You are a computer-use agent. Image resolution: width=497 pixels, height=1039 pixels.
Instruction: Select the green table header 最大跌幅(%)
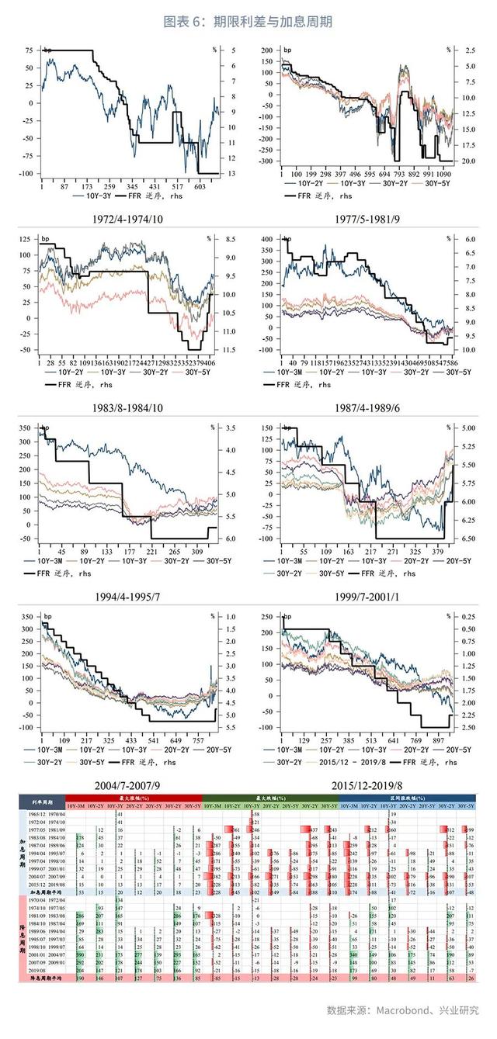pyautogui.click(x=269, y=798)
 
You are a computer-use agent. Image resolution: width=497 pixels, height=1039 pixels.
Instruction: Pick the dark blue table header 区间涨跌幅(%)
pyautogui.click(x=407, y=798)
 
